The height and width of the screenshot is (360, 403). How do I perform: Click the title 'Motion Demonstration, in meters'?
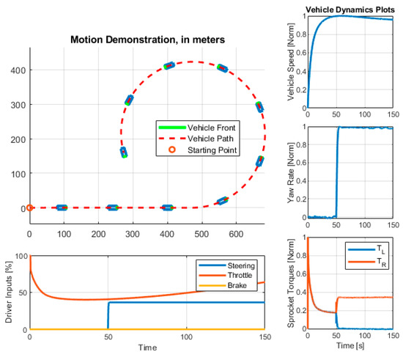pos(147,40)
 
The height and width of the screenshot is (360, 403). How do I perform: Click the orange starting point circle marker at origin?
pos(29,208)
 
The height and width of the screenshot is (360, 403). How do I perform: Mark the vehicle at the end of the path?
pos(124,153)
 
